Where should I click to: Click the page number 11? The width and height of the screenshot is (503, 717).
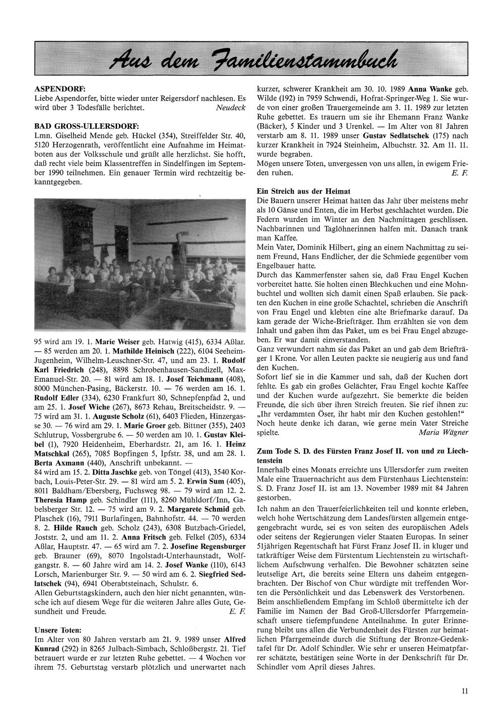(465, 691)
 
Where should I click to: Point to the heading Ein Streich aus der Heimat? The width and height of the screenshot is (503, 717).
(303, 191)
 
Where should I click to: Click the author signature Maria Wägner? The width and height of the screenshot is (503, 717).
(443, 432)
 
